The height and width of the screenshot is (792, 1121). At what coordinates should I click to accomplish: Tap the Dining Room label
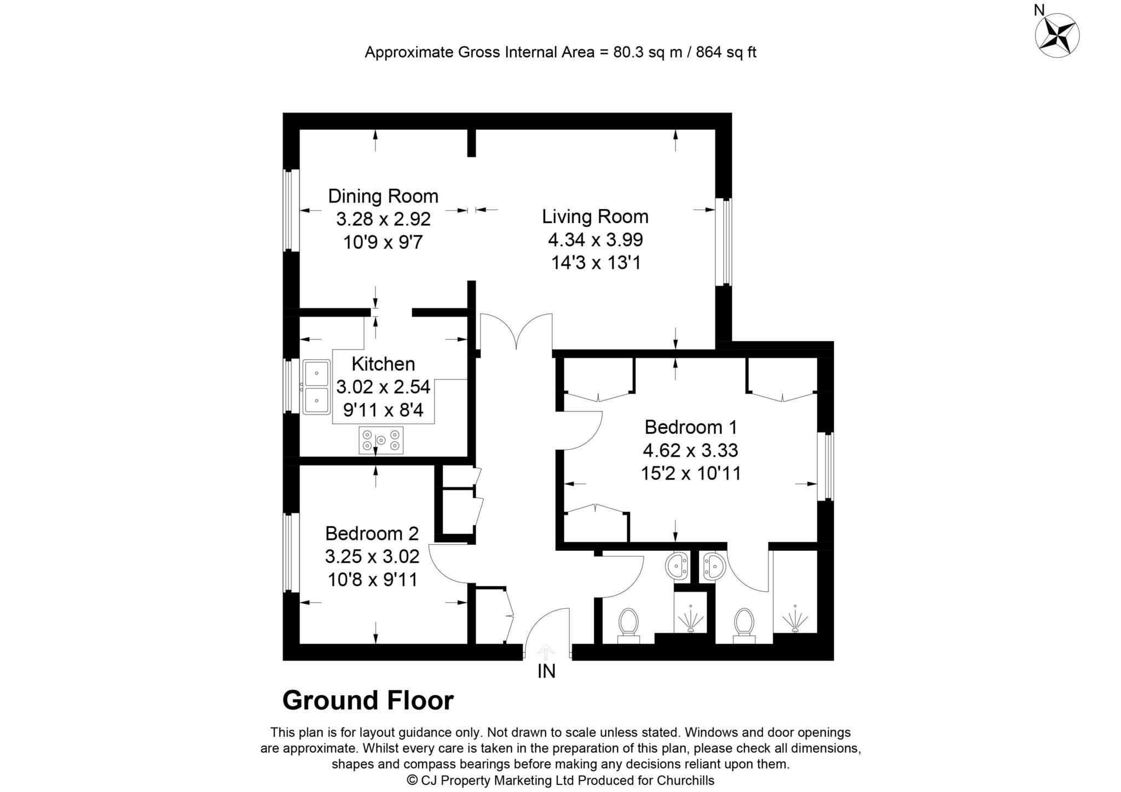coord(383,196)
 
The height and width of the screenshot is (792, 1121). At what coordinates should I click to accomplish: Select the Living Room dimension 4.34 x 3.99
coord(595,240)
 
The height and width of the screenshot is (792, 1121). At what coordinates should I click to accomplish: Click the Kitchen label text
coord(383,364)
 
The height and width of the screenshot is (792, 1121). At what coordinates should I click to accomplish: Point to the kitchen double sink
coord(316,387)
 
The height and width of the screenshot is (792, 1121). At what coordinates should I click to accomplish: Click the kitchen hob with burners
coord(381,440)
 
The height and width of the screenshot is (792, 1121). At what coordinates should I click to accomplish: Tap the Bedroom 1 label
coord(690,427)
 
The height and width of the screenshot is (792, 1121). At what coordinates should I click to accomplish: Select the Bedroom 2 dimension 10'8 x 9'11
coord(372,579)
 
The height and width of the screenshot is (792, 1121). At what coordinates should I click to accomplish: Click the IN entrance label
coord(546,671)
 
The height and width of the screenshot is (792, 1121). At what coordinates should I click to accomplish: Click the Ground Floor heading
coord(368,701)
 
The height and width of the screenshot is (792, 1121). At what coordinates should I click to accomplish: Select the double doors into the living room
coord(516,331)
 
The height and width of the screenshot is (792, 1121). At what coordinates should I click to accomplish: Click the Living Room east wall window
coord(726,242)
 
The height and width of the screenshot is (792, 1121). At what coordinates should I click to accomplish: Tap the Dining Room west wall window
coord(290,211)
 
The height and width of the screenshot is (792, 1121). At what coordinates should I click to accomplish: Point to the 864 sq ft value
coord(726,53)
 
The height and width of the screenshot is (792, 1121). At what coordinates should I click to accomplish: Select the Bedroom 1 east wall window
coord(828,467)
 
